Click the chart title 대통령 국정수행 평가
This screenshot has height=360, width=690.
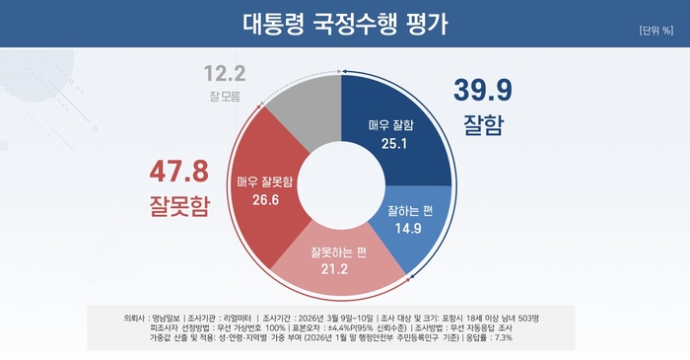pyautogui.click(x=344, y=23)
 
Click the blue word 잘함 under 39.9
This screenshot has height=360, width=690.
pyautogui.click(x=483, y=125)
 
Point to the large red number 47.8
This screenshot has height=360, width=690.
pyautogui.click(x=179, y=172)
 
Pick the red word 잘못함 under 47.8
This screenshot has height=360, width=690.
pyautogui.click(x=179, y=205)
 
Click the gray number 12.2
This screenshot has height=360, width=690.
pyautogui.click(x=225, y=74)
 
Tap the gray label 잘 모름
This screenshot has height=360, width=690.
pyautogui.click(x=225, y=97)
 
